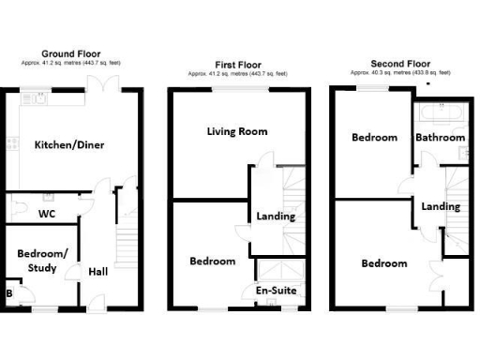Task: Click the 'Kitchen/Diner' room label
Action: coord(69,145)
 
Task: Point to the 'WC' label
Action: coord(45,214)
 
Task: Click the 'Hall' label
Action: coord(98,272)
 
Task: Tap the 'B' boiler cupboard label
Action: coord(9,293)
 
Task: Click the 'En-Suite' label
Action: coord(276,292)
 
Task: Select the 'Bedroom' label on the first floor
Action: coord(212,261)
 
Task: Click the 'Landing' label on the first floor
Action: coord(276,217)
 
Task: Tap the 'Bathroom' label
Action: coord(440,138)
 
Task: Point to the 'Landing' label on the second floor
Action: coord(440,206)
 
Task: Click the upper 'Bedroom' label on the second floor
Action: coord(374,138)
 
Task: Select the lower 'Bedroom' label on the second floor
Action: coord(384,263)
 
